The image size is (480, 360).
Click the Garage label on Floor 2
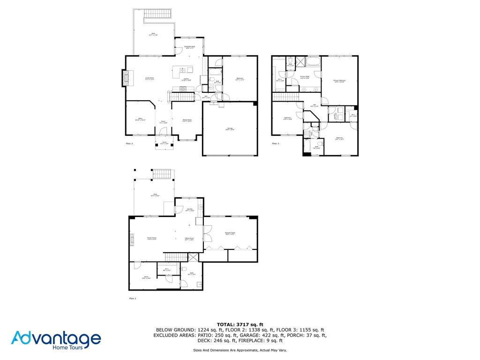pyautogui.click(x=230, y=129)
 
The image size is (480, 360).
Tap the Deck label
pyautogui.click(x=153, y=34)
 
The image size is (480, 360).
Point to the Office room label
pyautogui.click(x=140, y=120)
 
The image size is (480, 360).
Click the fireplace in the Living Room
pyautogui.click(x=125, y=78)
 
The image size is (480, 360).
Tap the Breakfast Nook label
pyautogui.click(x=189, y=47)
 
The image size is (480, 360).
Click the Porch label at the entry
pyautogui.click(x=165, y=142)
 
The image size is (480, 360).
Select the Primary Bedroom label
pyautogui.click(x=340, y=81)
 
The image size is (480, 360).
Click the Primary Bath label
pyautogui.click(x=305, y=77)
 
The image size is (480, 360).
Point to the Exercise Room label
pyautogui.click(x=230, y=233)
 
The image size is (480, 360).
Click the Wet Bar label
pyautogui.click(x=190, y=210)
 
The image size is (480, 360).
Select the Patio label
pyautogui.click(x=154, y=195)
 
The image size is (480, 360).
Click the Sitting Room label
pyautogui.click(x=189, y=239)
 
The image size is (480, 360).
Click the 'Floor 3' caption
pyautogui.click(x=276, y=143)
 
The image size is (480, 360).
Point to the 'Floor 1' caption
pyautogui.click(x=132, y=298)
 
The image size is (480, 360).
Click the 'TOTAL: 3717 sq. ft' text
pyautogui.click(x=240, y=324)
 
